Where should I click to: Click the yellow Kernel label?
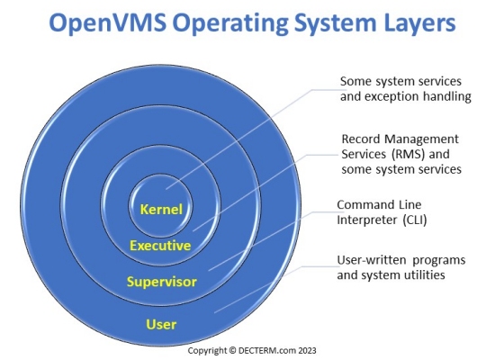pyautogui.click(x=161, y=210)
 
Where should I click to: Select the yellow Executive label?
pyautogui.click(x=160, y=246)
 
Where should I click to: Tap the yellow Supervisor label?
pyautogui.click(x=162, y=282)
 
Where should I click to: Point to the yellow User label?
pyautogui.click(x=161, y=324)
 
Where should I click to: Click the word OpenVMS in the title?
pyautogui.click(x=108, y=23)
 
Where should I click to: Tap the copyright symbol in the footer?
pyautogui.click(x=232, y=350)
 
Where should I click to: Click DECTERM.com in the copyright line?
pyautogui.click(x=267, y=350)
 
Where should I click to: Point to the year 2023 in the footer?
pyautogui.click(x=307, y=350)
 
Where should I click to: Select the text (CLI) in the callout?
pyautogui.click(x=415, y=220)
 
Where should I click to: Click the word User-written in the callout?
pyautogui.click(x=371, y=260)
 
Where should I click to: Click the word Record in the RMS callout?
pyautogui.click(x=361, y=139)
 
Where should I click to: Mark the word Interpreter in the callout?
pyautogui.click(x=367, y=220)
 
